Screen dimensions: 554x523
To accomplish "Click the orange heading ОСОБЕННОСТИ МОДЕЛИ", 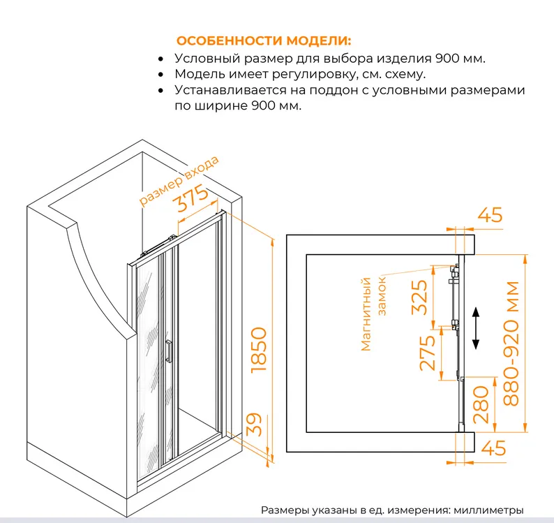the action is click(264, 40).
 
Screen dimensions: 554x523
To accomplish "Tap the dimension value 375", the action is click(192, 198).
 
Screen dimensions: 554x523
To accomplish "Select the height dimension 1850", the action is click(259, 350).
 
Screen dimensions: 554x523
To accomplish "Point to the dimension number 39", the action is click(254, 425).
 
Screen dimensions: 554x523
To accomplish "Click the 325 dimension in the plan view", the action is click(420, 297).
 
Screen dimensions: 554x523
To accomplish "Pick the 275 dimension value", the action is click(427, 353).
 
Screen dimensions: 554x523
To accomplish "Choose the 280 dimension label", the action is click(481, 405).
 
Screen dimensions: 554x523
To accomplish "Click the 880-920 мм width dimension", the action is click(511, 344).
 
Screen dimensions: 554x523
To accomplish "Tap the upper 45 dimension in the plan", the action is click(490, 214).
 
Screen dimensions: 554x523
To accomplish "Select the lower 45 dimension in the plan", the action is click(493, 448).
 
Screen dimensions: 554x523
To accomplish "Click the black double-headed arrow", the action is click(476, 328).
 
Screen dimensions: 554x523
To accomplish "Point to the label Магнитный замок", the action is click(373, 314).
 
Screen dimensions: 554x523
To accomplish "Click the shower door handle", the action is click(169, 351).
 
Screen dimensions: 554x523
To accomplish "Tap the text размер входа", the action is click(179, 180).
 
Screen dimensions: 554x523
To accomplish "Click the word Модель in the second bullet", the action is click(200, 74).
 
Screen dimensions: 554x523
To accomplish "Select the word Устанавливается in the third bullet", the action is click(231, 90).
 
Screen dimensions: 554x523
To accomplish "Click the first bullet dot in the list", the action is click(161, 59).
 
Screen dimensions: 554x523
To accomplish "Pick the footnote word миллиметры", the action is click(488, 510).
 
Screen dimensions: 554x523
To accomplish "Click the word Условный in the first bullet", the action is click(207, 59).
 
